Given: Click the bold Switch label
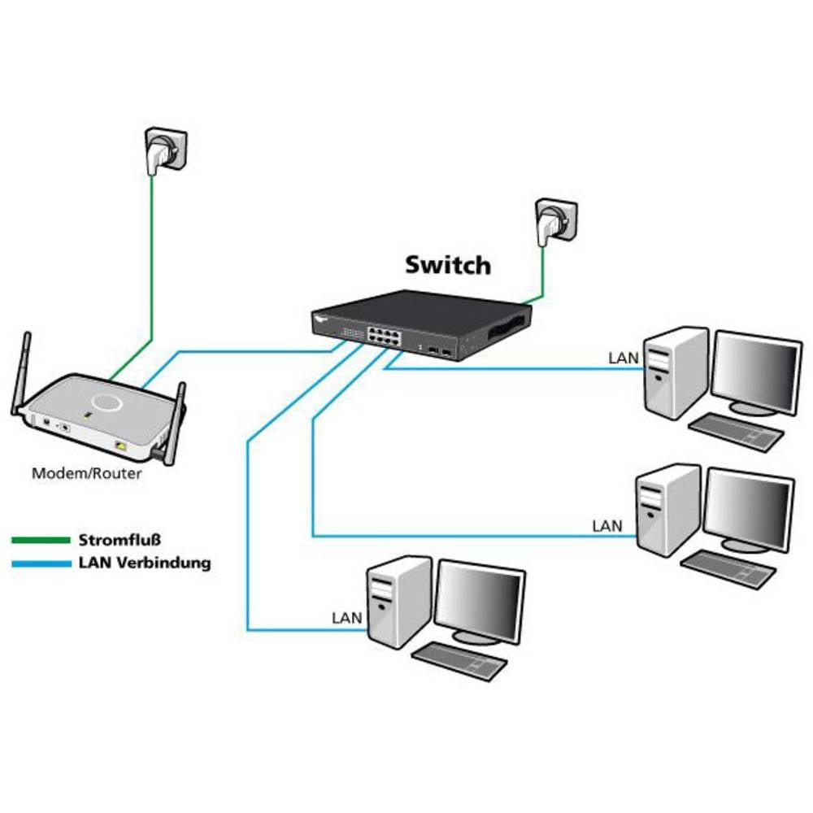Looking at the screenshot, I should coord(448,265).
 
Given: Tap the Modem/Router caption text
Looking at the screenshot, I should coord(86,473).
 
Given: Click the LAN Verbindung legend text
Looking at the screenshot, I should coord(145,563).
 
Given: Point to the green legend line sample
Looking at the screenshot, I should coord(41,540).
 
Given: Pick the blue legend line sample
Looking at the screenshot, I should coord(41,563).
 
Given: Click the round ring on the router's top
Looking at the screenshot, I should coord(107,402).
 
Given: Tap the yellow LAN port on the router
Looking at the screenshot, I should coord(121,446).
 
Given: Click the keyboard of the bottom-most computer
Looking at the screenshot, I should coord(459,660).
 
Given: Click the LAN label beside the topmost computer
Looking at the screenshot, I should coord(623,357).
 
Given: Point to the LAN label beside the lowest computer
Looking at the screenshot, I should coord(346,618).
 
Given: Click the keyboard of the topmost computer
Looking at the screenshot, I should coord(736,431).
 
